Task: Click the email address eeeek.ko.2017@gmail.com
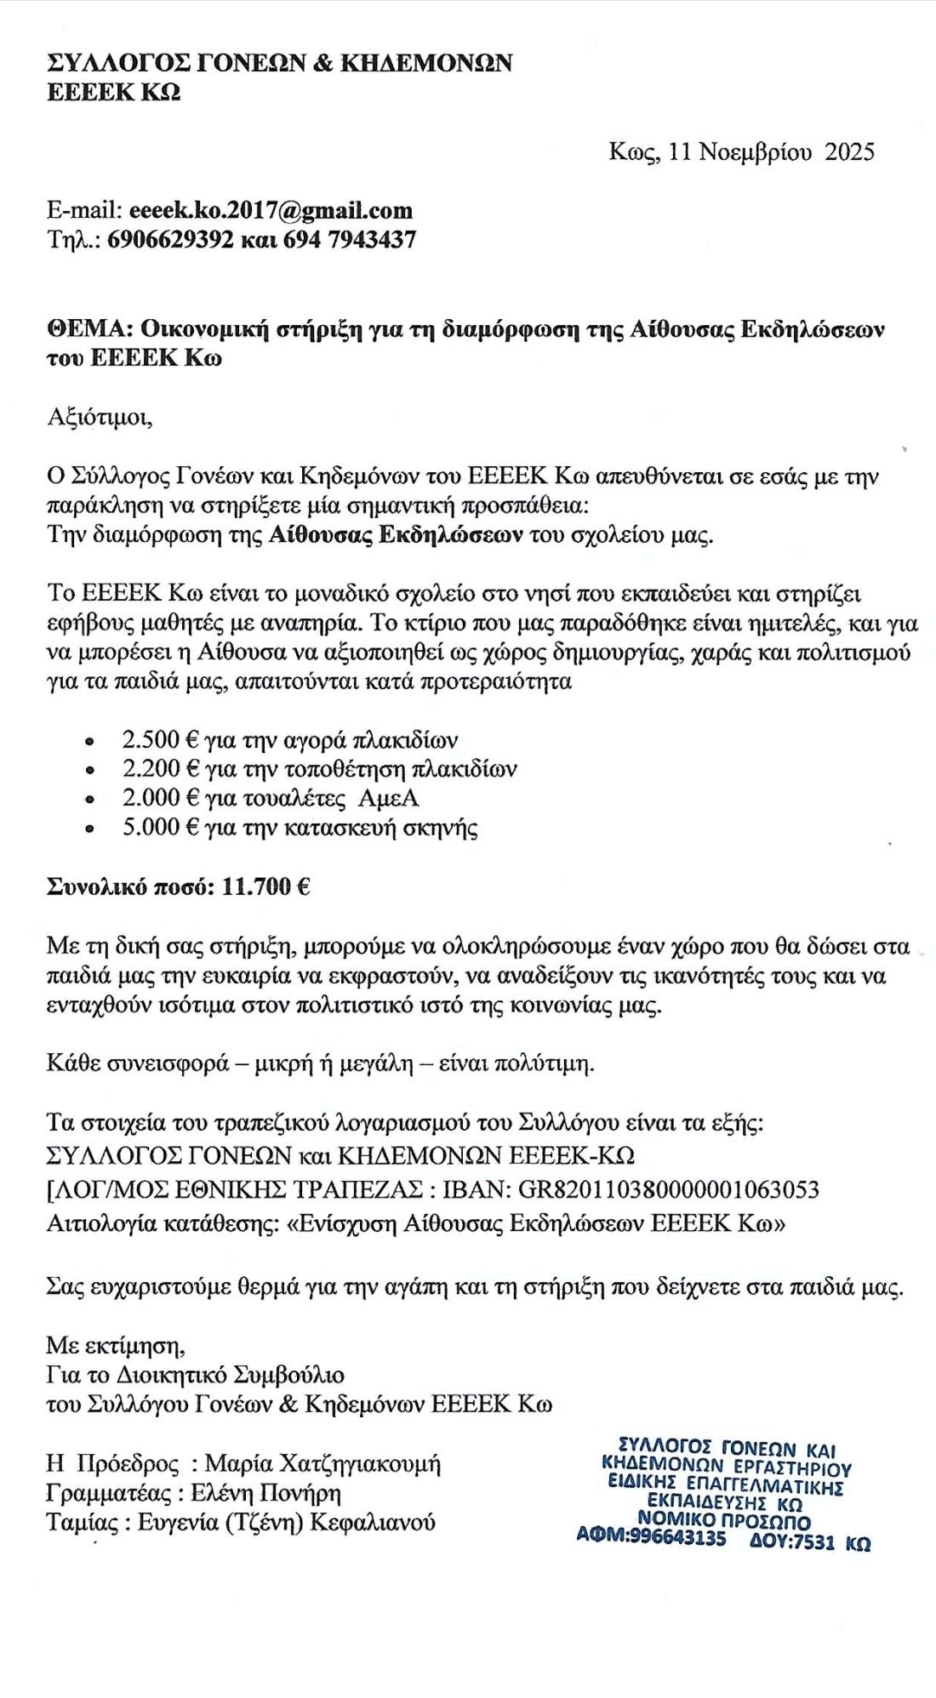[x=271, y=211]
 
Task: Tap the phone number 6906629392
[x=170, y=240]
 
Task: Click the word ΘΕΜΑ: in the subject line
[x=88, y=329]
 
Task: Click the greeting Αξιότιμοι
[x=100, y=418]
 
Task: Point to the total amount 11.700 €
[x=265, y=887]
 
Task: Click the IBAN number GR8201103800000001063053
[x=669, y=1188]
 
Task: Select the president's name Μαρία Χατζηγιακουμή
[x=323, y=1464]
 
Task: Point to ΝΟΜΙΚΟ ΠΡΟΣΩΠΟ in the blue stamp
[x=724, y=1520]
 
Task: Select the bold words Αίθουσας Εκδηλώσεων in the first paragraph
[x=396, y=536]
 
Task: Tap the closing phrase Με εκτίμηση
[x=116, y=1345]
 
